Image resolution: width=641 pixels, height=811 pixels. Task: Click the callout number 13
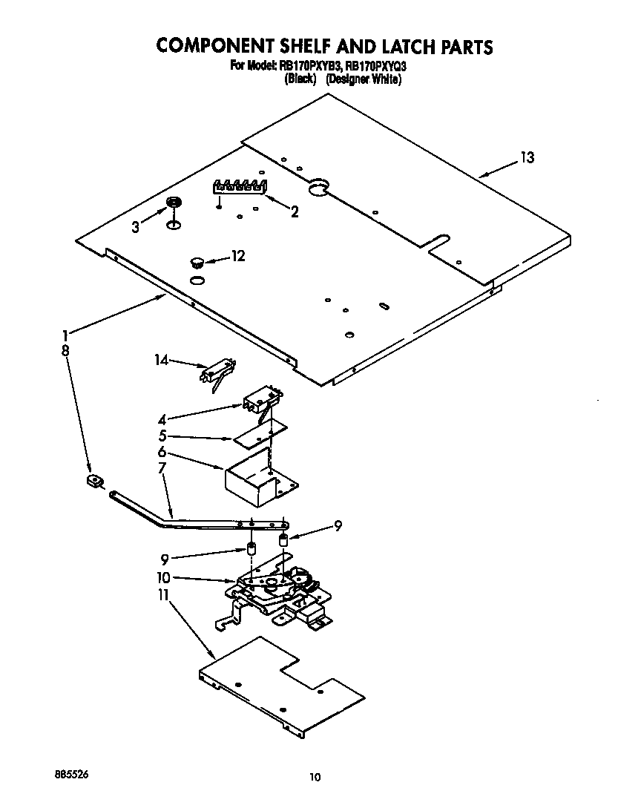526,157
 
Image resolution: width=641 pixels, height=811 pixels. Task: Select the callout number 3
135,228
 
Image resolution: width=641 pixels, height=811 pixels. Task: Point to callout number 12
237,256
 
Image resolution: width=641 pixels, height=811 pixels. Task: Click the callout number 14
162,360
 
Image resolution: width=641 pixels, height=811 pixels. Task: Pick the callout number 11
162,596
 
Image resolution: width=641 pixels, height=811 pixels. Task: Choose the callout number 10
163,577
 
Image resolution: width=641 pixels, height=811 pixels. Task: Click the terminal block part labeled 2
238,186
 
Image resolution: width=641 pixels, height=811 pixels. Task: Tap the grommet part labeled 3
174,203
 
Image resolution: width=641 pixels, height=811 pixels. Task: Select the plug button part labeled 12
197,260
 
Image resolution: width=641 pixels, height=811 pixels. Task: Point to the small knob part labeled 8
94,482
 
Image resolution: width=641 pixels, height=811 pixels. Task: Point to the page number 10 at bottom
315,778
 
